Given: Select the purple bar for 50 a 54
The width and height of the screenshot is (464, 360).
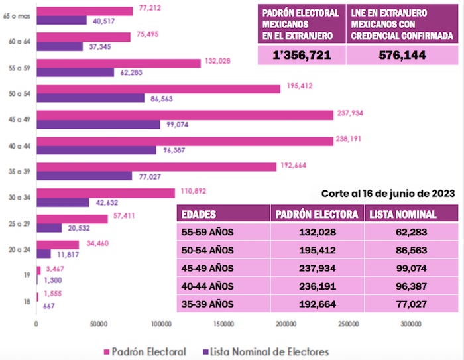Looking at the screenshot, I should (90, 98).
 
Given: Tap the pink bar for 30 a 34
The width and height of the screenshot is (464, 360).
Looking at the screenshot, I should (105, 193).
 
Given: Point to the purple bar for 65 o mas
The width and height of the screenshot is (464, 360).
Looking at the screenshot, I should (62, 20).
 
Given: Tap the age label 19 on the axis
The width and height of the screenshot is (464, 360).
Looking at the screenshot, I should (25, 274).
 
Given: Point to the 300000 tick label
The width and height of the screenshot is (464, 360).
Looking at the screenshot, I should (411, 325).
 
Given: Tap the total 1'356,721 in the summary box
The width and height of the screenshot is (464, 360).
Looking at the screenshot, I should (301, 54).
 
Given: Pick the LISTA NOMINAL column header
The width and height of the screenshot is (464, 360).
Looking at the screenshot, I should (402, 214).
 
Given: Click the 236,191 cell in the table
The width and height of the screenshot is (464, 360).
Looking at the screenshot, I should (318, 287).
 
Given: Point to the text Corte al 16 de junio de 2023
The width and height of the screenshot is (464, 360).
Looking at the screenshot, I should (388, 194).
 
